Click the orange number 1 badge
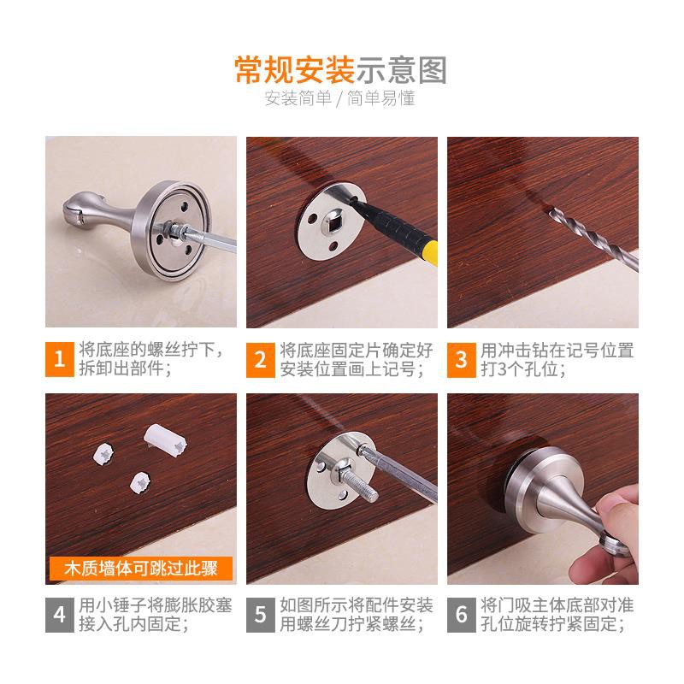click(60, 359)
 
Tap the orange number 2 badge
click(261, 360)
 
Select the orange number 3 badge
click(461, 360)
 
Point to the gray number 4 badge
click(60, 615)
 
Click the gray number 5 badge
click(261, 615)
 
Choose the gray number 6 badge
click(461, 615)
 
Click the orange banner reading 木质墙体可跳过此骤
click(141, 569)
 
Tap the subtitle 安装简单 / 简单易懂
click(339, 98)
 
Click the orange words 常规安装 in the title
click(295, 70)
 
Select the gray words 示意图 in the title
click(402, 70)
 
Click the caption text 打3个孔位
click(523, 369)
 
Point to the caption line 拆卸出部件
click(125, 369)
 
